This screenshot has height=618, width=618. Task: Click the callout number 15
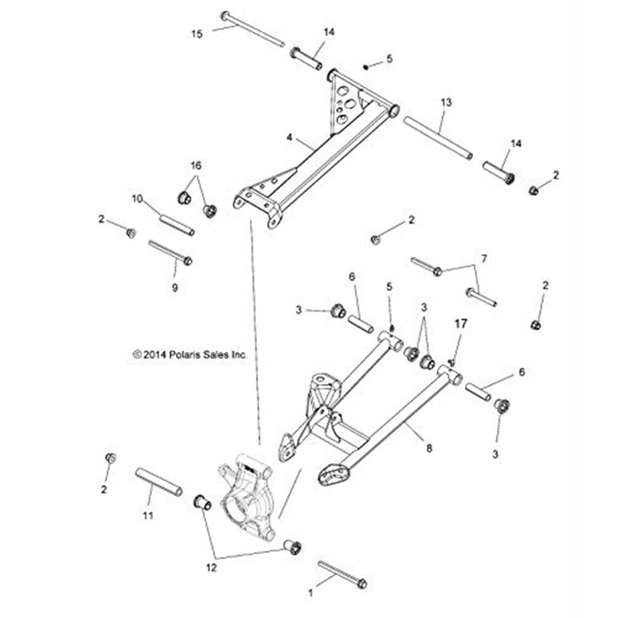pyautogui.click(x=197, y=34)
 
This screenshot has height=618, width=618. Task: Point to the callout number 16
pyautogui.click(x=196, y=166)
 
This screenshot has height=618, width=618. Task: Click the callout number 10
pyautogui.click(x=137, y=198)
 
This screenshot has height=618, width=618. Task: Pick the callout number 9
pyautogui.click(x=174, y=287)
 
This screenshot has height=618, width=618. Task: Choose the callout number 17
pyautogui.click(x=461, y=323)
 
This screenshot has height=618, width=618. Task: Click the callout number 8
pyautogui.click(x=428, y=448)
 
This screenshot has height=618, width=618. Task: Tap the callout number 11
pyautogui.click(x=148, y=514)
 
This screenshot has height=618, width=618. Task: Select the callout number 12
pyautogui.click(x=211, y=568)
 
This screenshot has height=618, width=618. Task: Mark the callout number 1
pyautogui.click(x=311, y=591)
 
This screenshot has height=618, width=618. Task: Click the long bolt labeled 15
pyautogui.click(x=253, y=30)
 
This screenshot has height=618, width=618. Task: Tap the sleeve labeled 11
pyautogui.click(x=159, y=481)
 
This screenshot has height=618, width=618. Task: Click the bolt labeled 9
pyautogui.click(x=170, y=252)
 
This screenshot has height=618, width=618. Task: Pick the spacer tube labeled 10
pyautogui.click(x=177, y=224)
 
